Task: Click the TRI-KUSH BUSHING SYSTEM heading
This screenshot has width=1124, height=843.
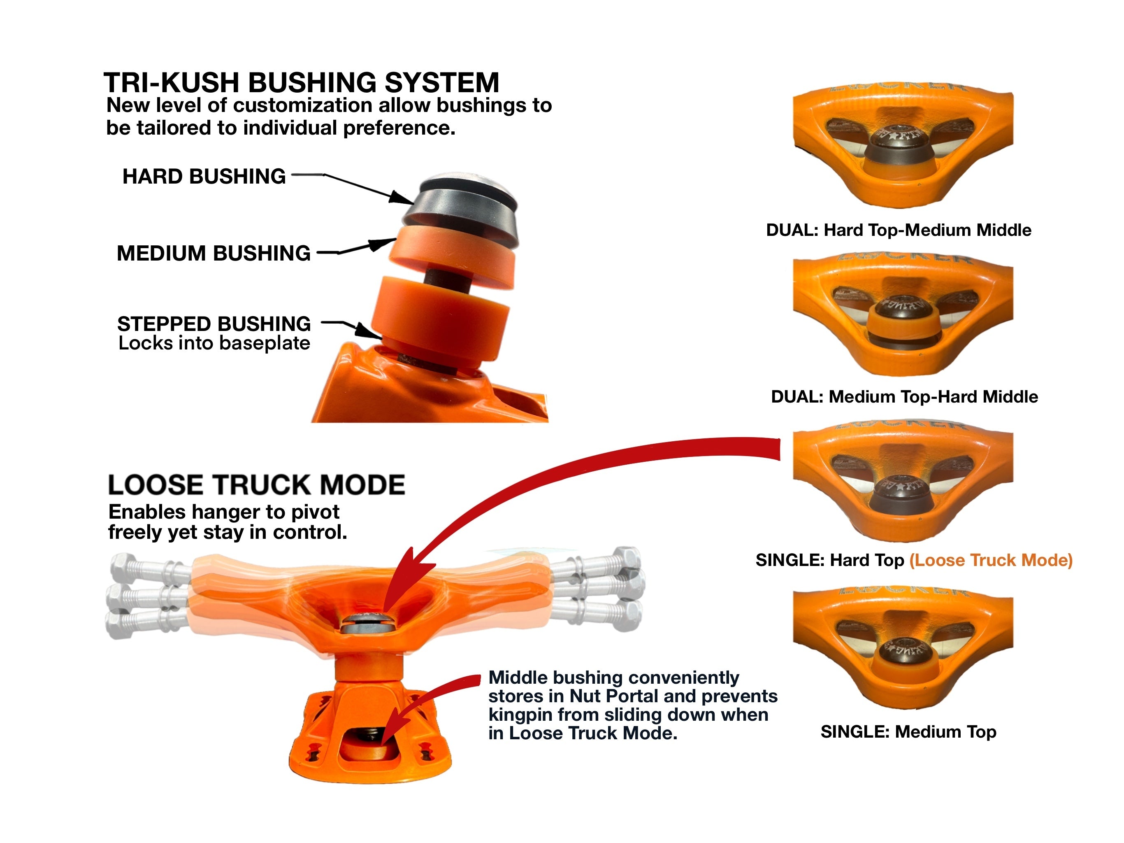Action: point(301,82)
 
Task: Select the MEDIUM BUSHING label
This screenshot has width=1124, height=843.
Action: point(214,253)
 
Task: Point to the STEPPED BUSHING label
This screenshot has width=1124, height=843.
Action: point(214,324)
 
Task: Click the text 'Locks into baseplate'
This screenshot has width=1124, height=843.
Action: point(214,343)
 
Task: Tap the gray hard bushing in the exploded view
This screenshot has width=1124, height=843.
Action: point(460,208)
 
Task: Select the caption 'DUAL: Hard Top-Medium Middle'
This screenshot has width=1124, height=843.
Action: point(899,230)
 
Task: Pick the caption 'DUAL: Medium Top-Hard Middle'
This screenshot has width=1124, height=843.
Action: point(904,396)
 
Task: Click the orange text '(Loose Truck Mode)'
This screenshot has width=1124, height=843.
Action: point(990,560)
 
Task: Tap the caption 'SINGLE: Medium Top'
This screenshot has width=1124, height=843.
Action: point(908,731)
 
